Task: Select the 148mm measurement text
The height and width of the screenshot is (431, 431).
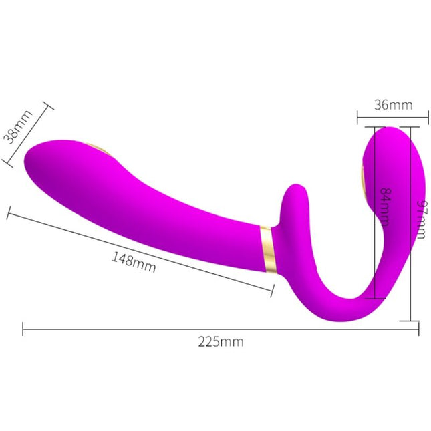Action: pos(134,261)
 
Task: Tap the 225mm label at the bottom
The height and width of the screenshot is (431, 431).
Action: pos(221,343)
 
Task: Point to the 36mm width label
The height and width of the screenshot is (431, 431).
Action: pos(392,105)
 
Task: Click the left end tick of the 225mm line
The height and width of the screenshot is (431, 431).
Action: pos(23,329)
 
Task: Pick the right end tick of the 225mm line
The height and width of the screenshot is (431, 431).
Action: pos(419,329)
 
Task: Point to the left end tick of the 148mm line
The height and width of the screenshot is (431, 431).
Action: pos(8,213)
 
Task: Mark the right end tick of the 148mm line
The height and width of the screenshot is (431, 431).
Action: pos(273,290)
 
